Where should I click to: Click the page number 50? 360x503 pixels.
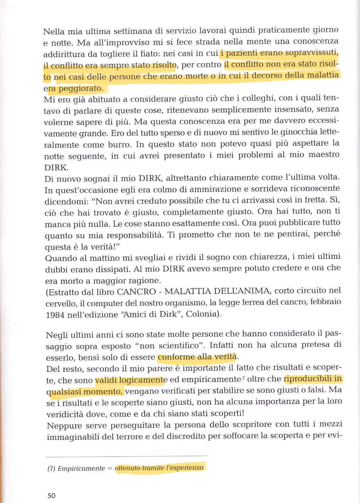point(51,496)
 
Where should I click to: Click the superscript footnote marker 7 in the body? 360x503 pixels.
point(244,378)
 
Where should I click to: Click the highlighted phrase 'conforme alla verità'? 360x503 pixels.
point(197,357)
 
